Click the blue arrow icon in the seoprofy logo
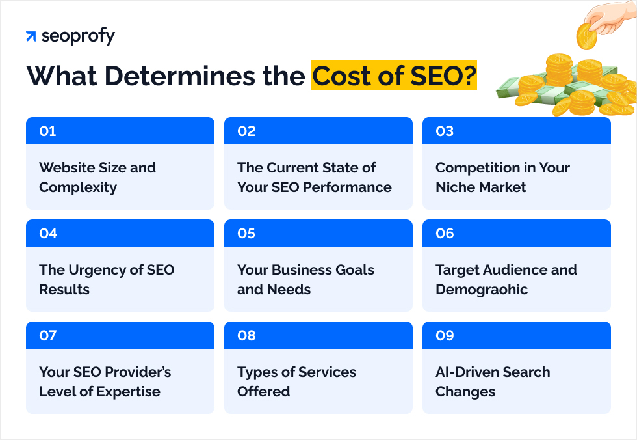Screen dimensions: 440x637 (x=31, y=36)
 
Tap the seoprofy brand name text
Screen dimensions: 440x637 (x=78, y=36)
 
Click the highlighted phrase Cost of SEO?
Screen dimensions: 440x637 (x=393, y=76)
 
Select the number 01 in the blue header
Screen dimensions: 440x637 (x=47, y=131)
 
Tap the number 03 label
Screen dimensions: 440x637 (x=445, y=131)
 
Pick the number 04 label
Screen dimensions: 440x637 (x=48, y=234)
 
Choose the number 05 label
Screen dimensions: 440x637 (x=246, y=234)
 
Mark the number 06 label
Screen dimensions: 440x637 (x=445, y=234)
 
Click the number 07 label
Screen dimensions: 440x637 (x=48, y=336)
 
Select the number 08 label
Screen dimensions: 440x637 (x=246, y=336)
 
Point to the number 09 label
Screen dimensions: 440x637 (x=445, y=336)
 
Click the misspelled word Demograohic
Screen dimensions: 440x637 (x=482, y=290)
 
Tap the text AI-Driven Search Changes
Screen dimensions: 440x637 (x=493, y=382)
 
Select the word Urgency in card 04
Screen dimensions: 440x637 (x=97, y=270)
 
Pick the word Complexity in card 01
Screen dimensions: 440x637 (x=78, y=187)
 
